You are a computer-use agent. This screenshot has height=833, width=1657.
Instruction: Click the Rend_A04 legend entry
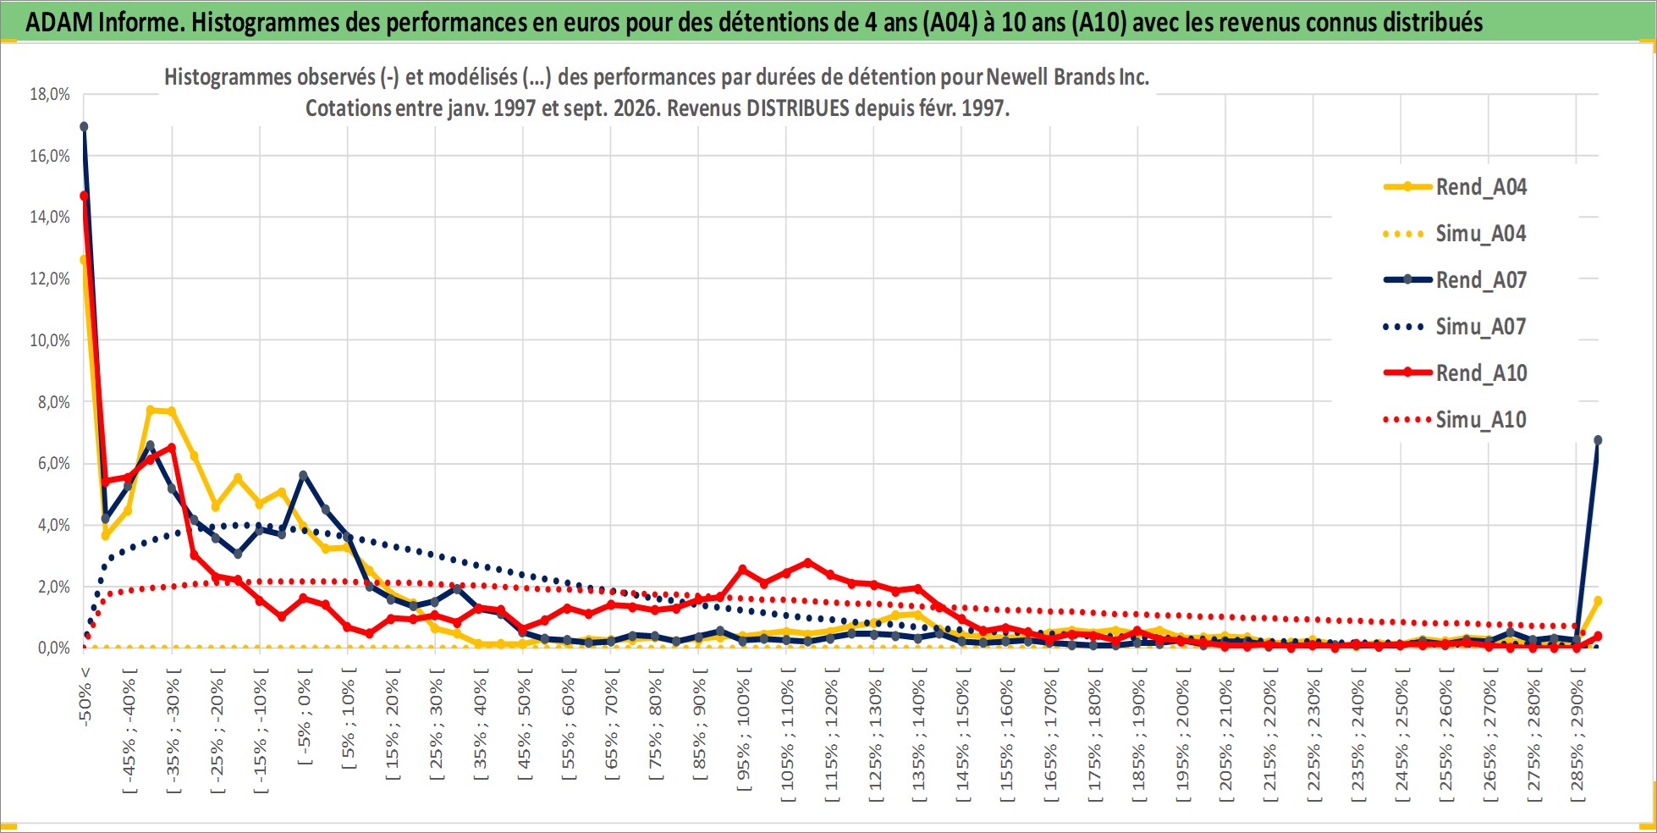(x=1455, y=187)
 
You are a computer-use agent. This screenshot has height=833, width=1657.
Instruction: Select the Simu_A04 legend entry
(x=1455, y=234)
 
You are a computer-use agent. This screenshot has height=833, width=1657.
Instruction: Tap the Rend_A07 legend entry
(x=1455, y=280)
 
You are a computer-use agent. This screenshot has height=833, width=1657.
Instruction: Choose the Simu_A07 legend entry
(x=1455, y=327)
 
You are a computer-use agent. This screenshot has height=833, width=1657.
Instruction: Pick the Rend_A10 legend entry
(x=1455, y=373)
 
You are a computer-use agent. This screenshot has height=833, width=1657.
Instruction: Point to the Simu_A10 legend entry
(x=1455, y=420)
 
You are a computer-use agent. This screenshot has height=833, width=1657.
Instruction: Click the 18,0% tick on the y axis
(x=50, y=94)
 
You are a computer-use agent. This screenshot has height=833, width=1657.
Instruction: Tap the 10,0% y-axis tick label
(x=50, y=340)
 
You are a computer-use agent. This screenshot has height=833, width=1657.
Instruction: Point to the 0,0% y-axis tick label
(x=54, y=648)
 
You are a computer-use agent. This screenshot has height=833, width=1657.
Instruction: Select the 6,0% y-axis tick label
(x=54, y=464)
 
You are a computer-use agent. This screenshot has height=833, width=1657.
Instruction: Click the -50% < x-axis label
(x=85, y=697)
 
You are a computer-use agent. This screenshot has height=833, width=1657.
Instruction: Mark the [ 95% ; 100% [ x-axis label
(x=743, y=730)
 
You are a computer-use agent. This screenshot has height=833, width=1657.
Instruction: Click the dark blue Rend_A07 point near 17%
(x=84, y=127)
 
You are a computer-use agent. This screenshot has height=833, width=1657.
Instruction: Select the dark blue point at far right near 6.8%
(x=1598, y=440)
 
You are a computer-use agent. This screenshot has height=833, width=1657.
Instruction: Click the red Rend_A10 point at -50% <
(x=84, y=196)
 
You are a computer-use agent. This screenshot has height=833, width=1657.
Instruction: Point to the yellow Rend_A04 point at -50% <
(x=83, y=260)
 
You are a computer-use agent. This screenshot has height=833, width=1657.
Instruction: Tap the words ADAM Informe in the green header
(x=104, y=22)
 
